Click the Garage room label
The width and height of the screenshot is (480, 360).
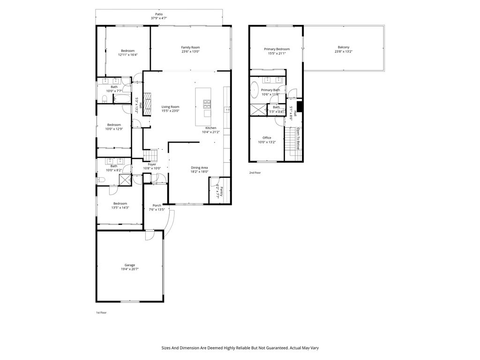tap(130, 265)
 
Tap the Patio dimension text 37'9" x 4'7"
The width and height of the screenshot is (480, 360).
tap(159, 18)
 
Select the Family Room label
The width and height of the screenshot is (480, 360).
tap(190, 47)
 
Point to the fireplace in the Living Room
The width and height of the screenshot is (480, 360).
tap(148, 104)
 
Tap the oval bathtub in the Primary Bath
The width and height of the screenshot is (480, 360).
tap(254, 90)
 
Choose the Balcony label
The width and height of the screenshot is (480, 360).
tap(343, 47)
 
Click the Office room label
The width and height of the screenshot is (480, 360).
tap(267, 138)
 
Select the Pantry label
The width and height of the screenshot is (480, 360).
tap(221, 192)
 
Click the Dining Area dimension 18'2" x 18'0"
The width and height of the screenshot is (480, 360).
tap(199, 172)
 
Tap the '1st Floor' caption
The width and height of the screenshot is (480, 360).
tap(101, 313)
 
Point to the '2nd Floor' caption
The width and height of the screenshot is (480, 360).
tap(255, 173)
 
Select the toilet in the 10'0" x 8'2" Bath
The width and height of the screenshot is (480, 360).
tap(100, 180)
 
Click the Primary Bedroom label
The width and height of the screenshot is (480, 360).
tap(277, 49)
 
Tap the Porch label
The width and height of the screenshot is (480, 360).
tap(157, 205)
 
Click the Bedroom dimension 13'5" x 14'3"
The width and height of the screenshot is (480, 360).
tap(120, 208)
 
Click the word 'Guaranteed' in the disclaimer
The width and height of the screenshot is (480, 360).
tap(273, 348)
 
